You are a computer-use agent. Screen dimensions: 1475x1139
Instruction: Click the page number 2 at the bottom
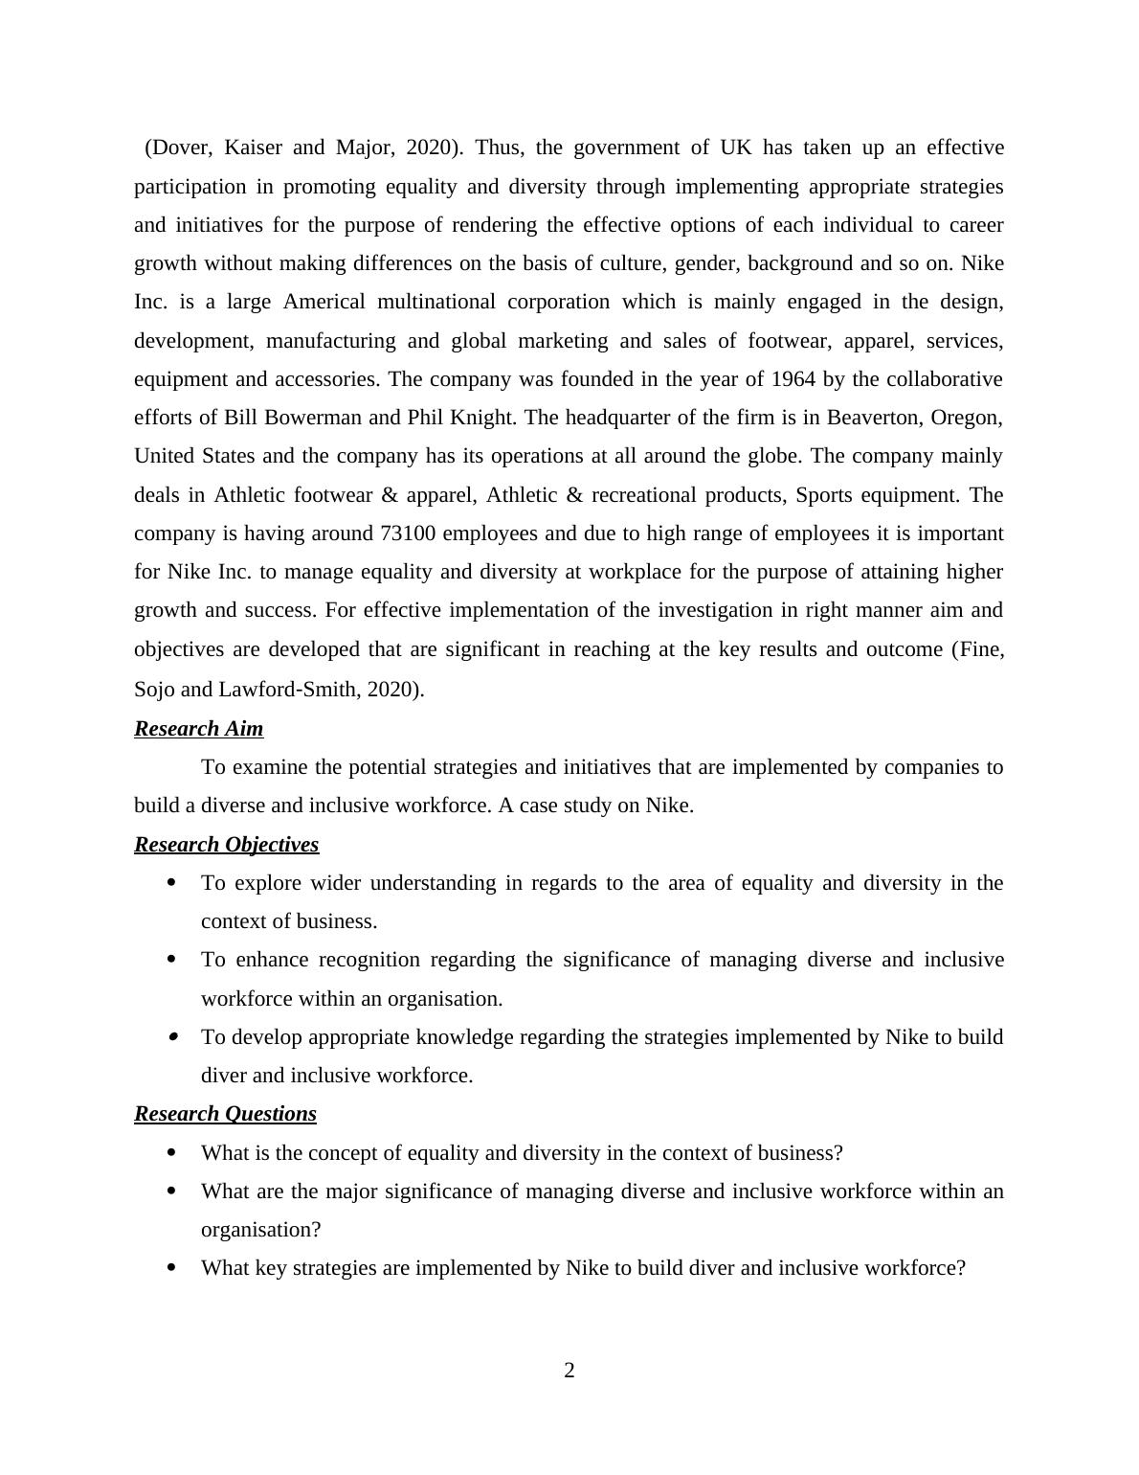tap(569, 1371)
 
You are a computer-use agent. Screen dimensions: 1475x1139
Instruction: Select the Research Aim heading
tap(198, 729)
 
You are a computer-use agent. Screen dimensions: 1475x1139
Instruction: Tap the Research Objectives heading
tap(226, 845)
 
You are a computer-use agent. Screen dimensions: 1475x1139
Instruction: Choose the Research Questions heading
tap(225, 1114)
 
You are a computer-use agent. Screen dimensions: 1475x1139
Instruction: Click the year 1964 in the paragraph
tap(793, 379)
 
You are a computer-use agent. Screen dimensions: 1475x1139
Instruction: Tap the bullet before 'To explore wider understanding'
tap(172, 883)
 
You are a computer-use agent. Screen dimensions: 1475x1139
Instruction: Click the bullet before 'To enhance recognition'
tap(172, 960)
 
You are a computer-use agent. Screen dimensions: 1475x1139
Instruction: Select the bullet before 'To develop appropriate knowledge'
tap(172, 1037)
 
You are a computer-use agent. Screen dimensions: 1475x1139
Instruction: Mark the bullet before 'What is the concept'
tap(172, 1153)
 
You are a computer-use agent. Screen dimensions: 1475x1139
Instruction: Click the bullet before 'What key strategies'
tap(172, 1268)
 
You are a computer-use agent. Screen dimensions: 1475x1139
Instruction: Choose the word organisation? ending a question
tap(260, 1230)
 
